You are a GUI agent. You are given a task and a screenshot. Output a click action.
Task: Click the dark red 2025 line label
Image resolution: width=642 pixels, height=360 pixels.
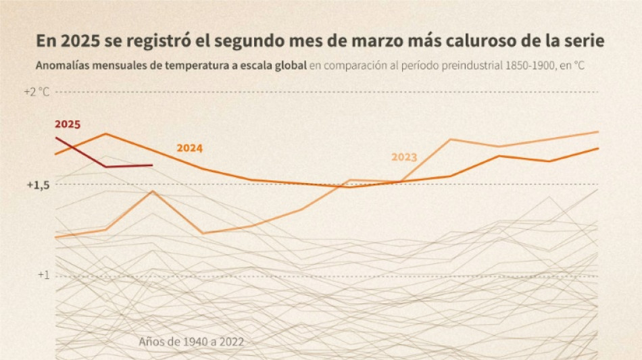(68, 124)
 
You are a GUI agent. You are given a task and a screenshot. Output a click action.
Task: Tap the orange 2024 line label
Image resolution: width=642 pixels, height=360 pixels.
(189, 149)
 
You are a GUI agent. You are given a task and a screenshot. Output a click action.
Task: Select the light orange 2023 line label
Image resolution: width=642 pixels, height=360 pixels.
(404, 157)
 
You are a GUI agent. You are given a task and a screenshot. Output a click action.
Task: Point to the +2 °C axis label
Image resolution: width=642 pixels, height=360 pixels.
(36, 92)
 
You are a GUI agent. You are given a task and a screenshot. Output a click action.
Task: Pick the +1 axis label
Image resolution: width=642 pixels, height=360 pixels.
(43, 275)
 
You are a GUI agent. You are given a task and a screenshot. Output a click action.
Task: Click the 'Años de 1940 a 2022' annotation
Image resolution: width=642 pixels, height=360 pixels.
(191, 342)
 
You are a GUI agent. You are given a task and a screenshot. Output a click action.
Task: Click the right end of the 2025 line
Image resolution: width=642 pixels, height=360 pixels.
(152, 165)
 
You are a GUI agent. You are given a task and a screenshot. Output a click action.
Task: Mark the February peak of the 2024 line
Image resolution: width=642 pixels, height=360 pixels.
(106, 134)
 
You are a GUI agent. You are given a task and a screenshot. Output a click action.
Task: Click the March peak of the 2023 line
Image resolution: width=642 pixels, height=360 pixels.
(153, 191)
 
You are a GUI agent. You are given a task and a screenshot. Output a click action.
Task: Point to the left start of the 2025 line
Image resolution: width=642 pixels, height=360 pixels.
(56, 138)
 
